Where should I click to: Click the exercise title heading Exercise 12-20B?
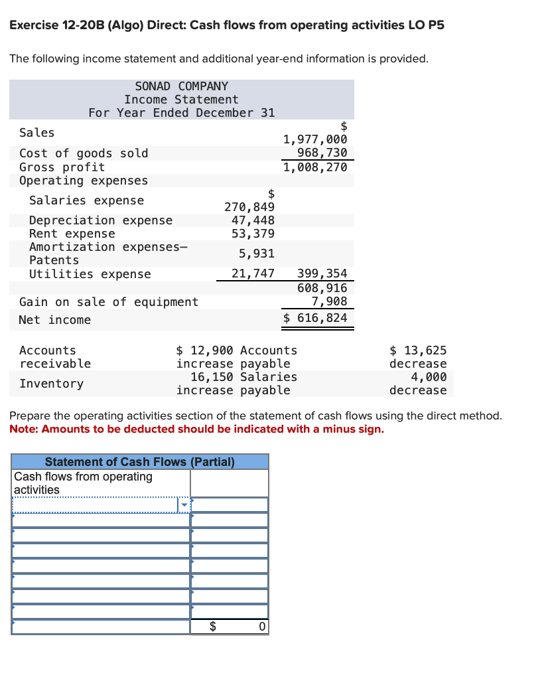coord(227,25)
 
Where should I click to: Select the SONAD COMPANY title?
coord(181,86)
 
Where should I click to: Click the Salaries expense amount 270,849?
coord(249,207)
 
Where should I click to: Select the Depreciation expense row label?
coord(101,220)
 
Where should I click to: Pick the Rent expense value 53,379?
coord(253,234)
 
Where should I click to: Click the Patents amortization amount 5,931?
coord(257,254)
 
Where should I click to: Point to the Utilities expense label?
coord(90,274)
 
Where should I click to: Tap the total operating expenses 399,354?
coord(322,273)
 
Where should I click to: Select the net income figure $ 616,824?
coord(315,318)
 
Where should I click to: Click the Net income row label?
coord(55,320)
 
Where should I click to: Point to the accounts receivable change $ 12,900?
coord(206,350)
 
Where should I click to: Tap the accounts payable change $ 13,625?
coord(418,350)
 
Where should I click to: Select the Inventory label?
coord(52,384)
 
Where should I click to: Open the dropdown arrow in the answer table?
coord(184,506)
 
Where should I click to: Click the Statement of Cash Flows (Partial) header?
coord(139,462)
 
